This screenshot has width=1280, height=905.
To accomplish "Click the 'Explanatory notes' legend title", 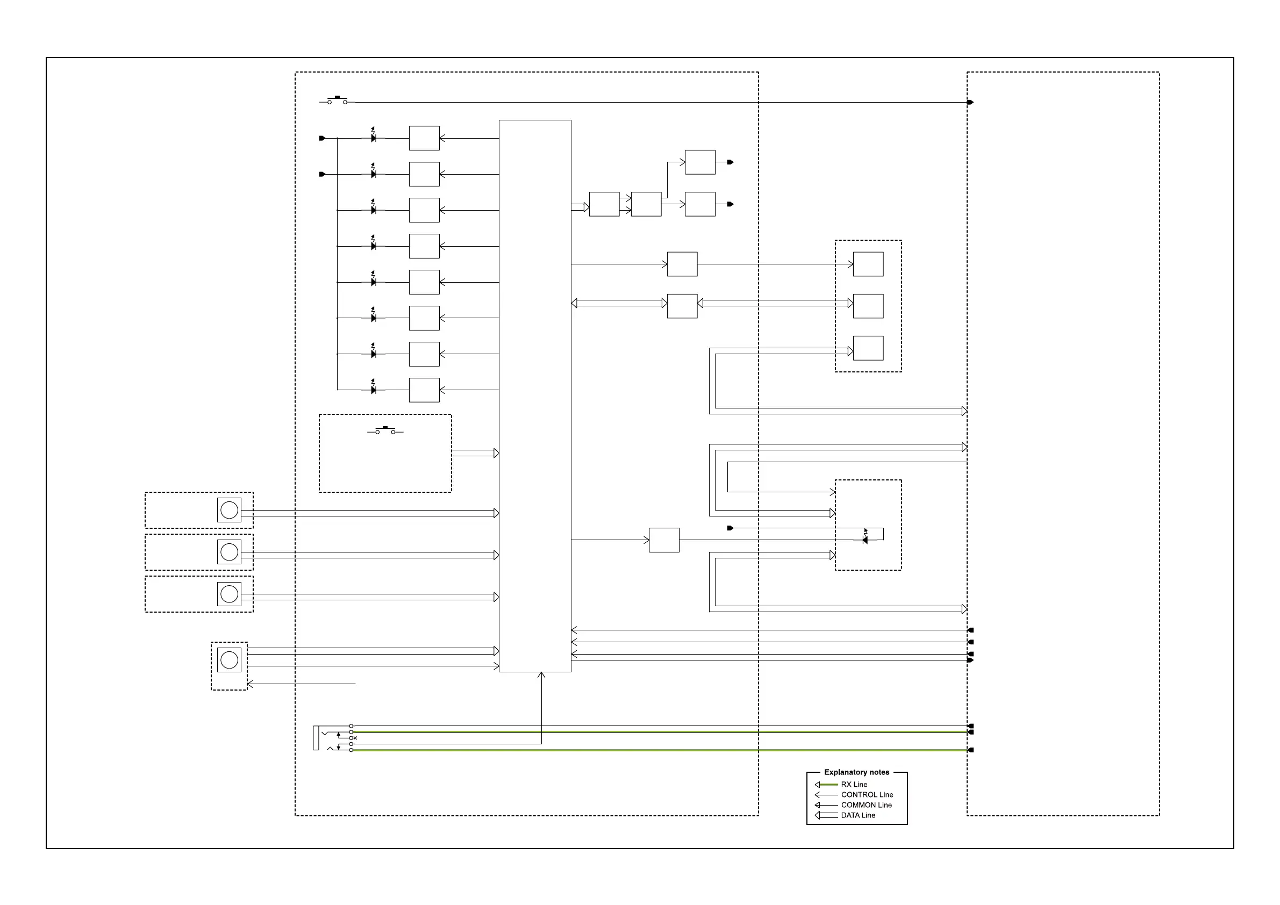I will pos(856,772).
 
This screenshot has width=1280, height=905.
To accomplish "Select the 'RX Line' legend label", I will pos(854,784).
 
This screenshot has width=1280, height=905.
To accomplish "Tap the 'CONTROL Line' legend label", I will pos(867,795).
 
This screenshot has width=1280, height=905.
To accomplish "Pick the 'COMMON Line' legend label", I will pos(867,805).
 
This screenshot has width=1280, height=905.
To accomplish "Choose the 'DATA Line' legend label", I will pos(858,815).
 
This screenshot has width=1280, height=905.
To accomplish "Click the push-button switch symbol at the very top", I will pos(337,100).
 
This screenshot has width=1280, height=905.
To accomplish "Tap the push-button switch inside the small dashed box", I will pos(385,430).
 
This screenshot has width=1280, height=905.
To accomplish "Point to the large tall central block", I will pos(535,396).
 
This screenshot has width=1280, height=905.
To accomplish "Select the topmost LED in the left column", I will pos(373,137).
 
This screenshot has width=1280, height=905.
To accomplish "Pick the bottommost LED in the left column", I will pos(373,389).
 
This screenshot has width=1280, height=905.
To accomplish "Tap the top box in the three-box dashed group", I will pos(868,264).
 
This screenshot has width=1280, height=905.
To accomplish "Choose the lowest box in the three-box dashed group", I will pos(868,348).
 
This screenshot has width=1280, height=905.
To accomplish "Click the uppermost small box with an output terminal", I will pos(699,162).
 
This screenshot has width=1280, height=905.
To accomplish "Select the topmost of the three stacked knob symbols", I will pos(229,510).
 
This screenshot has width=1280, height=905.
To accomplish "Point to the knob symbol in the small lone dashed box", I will pos(229,660).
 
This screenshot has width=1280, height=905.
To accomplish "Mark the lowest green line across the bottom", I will pos(658,750).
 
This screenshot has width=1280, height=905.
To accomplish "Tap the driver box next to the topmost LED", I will pos(424,138).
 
